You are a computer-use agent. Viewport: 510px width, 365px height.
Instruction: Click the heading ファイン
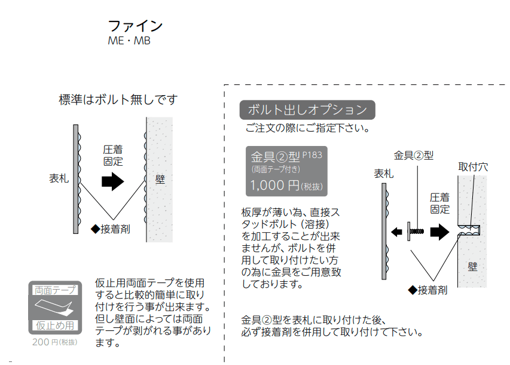(135, 26)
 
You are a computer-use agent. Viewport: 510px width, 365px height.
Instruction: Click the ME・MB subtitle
(129, 41)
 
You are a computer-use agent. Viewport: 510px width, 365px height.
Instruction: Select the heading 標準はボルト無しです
(118, 99)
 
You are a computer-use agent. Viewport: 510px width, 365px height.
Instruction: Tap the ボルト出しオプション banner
(307, 109)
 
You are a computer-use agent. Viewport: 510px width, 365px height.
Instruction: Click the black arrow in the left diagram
(112, 181)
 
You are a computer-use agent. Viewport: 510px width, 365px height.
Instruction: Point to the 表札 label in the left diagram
(59, 178)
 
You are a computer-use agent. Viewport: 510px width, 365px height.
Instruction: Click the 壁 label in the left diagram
(160, 179)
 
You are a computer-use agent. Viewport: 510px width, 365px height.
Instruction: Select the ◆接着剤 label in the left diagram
(111, 229)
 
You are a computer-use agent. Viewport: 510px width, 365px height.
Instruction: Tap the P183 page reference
(312, 154)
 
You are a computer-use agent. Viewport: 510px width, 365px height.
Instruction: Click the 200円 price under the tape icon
(54, 343)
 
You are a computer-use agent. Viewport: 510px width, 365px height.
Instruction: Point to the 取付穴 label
(473, 167)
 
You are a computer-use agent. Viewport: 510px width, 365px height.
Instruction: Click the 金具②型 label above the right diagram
(414, 156)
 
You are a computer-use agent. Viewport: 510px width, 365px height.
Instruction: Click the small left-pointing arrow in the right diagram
(396, 230)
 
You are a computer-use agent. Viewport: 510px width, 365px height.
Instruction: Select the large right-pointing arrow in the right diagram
(439, 231)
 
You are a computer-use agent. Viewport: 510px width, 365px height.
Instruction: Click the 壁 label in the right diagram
(472, 266)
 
